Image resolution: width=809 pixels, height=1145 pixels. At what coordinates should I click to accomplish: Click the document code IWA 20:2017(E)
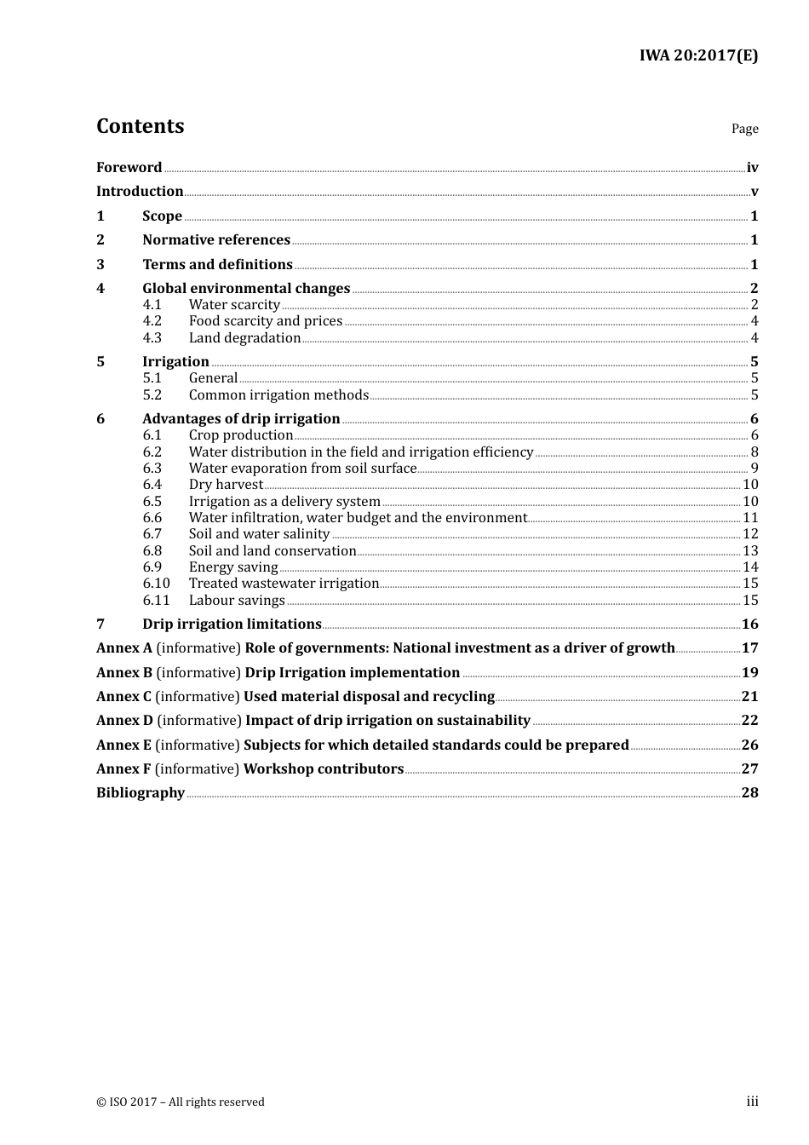698,56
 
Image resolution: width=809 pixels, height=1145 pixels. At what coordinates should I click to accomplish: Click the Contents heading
140,126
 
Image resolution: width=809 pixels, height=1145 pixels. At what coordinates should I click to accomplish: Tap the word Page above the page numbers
744,129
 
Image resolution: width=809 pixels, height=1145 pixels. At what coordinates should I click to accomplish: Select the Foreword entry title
129,167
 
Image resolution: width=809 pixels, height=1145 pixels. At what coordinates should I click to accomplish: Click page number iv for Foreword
752,167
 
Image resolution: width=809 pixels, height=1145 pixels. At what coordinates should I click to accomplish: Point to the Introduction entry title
140,191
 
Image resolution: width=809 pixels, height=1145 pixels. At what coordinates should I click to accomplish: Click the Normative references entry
216,239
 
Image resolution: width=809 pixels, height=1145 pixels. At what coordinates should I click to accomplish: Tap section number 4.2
152,321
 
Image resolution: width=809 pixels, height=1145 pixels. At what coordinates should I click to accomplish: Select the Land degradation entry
244,337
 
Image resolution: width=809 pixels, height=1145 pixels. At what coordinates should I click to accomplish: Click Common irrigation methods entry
278,394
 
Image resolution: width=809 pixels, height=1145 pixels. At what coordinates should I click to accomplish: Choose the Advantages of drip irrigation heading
241,418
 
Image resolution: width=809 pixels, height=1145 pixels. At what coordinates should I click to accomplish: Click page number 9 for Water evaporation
754,468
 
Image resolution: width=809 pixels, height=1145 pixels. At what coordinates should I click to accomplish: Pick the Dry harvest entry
226,484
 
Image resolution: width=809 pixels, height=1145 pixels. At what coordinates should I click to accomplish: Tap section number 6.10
156,583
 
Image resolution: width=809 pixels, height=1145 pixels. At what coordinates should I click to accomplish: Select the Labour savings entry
237,600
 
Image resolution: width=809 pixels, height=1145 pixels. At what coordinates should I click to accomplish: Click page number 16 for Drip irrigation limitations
749,624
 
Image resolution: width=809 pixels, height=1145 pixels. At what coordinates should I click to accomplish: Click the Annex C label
123,696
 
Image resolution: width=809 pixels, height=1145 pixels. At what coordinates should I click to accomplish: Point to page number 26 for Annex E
749,745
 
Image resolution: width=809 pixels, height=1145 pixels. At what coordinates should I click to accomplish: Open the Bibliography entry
141,792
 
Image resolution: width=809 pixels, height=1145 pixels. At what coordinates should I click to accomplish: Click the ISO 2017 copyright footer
181,1102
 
